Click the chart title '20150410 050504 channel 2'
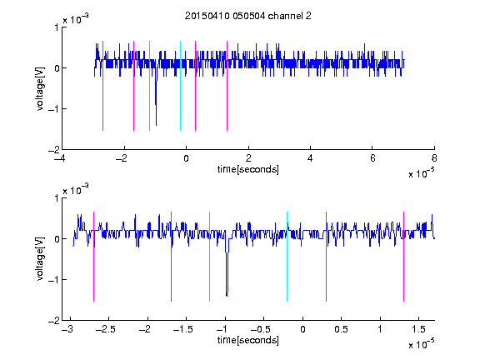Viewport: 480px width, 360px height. [x=248, y=16]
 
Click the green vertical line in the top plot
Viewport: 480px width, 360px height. [x=149, y=86]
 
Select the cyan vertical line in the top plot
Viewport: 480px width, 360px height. [x=180, y=86]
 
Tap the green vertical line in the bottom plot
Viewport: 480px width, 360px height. [x=209, y=257]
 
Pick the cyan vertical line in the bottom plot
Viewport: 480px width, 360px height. [x=287, y=257]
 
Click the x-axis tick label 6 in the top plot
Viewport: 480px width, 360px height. [x=372, y=158]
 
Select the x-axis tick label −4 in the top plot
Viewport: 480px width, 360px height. [x=59, y=158]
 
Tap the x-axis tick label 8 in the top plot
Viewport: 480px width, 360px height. [x=434, y=158]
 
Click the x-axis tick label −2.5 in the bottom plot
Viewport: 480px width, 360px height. [x=105, y=329]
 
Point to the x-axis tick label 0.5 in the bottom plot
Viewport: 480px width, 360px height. [x=341, y=329]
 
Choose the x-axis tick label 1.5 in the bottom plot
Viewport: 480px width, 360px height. [x=418, y=329]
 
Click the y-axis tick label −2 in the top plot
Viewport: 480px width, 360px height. [x=54, y=150]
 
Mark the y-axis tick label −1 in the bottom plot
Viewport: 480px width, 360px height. [x=54, y=279]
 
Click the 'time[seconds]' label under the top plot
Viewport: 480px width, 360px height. [x=248, y=169]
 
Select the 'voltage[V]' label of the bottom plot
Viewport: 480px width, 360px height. [x=40, y=258]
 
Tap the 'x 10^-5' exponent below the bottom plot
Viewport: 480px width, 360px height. [x=421, y=343]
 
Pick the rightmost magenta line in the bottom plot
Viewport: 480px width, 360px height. [x=403, y=257]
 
